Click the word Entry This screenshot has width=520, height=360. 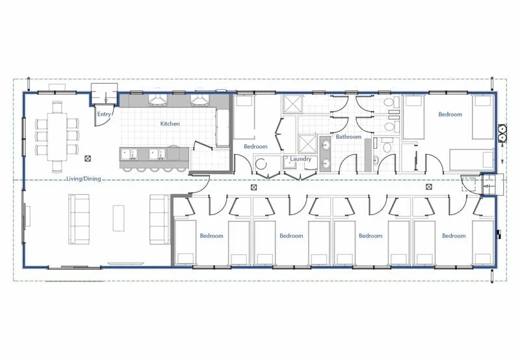(x=104, y=114)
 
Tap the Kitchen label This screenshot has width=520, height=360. (x=170, y=123)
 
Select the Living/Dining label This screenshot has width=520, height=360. (x=84, y=179)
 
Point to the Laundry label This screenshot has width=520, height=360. (x=300, y=159)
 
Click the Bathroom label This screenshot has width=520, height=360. (x=348, y=136)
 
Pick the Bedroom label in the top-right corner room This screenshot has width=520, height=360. (x=450, y=114)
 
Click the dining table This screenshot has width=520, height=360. (x=57, y=137)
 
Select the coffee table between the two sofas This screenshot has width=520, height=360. (x=118, y=218)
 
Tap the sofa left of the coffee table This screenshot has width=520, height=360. (x=79, y=219)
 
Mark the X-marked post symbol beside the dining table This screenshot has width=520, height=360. (x=88, y=159)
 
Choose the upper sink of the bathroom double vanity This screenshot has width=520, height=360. (x=326, y=144)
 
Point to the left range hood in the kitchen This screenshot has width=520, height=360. (x=157, y=100)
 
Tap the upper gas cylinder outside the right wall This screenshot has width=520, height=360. (x=502, y=129)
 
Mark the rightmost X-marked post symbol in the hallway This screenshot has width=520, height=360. (x=428, y=187)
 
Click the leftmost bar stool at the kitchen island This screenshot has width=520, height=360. (x=127, y=170)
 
